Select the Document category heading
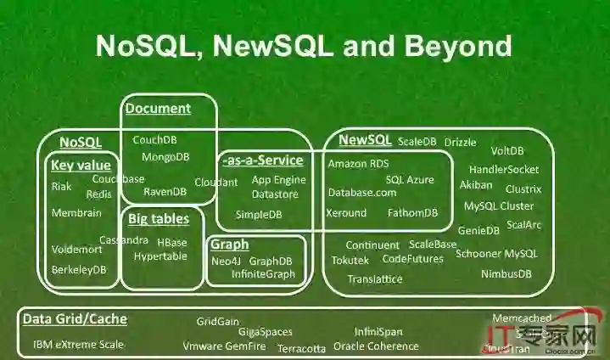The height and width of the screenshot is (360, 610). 158,108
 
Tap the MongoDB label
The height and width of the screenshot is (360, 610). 165,157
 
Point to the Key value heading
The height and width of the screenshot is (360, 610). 81,166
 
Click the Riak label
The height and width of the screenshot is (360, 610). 61,187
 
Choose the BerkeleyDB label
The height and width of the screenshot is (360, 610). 79,270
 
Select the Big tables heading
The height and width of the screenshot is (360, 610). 159,219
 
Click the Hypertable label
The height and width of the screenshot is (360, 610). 160,256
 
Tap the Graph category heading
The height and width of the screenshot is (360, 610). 229,245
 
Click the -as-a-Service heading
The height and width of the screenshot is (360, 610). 262,160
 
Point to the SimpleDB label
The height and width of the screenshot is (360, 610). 258,214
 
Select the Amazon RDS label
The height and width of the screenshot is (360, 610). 358,164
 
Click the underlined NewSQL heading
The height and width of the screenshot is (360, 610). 365,140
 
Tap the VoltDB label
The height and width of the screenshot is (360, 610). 507,151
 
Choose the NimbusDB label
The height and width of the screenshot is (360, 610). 506,273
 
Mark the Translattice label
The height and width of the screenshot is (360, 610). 375,278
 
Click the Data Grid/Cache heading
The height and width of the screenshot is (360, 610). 75,319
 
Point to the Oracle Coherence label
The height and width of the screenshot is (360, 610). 376,346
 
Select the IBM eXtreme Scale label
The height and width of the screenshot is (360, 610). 78,345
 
